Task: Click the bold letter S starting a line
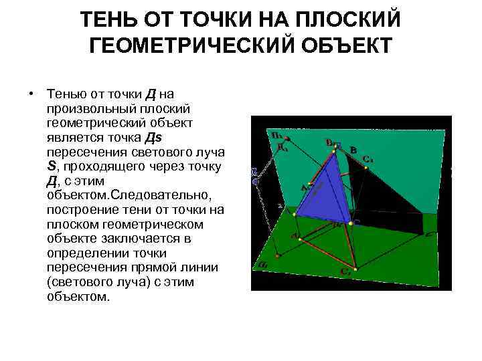tap(51, 166)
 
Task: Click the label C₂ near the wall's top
tap(368, 160)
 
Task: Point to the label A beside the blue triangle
tap(303, 188)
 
